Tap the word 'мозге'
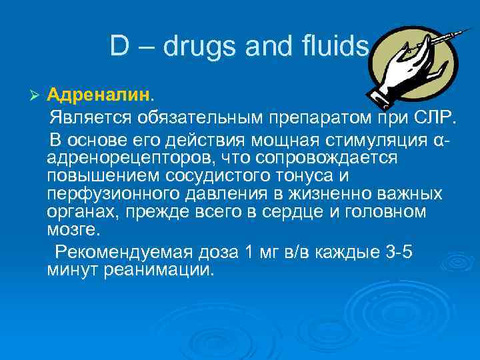pos(73,230)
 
